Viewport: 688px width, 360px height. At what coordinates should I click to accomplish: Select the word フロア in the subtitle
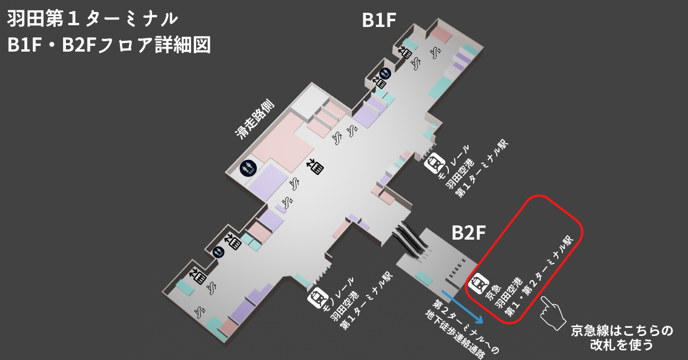click(x=125, y=45)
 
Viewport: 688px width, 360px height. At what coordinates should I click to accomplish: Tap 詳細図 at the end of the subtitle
click(x=182, y=45)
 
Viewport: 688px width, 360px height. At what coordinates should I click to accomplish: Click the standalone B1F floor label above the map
click(x=379, y=20)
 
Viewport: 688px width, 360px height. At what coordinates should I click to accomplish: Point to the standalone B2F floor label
click(x=468, y=233)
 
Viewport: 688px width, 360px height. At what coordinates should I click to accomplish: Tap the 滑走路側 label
click(x=255, y=119)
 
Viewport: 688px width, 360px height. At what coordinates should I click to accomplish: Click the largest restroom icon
click(x=248, y=169)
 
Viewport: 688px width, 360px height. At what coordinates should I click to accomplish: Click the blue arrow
click(x=462, y=306)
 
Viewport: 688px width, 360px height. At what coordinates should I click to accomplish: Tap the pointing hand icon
click(x=553, y=312)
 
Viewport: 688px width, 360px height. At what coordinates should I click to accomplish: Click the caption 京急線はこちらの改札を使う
click(x=621, y=338)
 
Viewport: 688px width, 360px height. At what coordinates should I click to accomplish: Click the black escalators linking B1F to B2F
click(x=410, y=239)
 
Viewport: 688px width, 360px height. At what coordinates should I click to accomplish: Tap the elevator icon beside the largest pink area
click(x=316, y=166)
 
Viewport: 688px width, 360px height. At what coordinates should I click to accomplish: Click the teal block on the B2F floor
click(x=424, y=277)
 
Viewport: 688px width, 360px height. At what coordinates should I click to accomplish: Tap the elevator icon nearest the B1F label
click(x=405, y=53)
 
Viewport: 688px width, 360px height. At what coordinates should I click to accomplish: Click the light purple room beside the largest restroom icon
click(x=268, y=182)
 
